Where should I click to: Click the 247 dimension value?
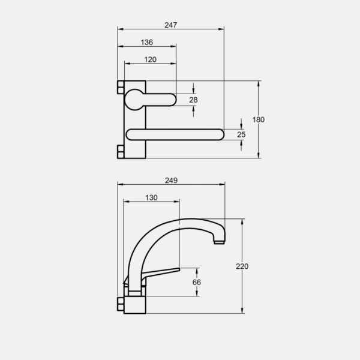(x=170, y=25)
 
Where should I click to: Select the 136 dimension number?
(x=147, y=42)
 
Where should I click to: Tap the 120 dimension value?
(x=150, y=59)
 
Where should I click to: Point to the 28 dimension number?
(x=193, y=100)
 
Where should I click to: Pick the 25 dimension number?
(x=241, y=134)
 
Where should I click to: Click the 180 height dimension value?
(x=258, y=119)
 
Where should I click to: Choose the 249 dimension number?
(x=171, y=181)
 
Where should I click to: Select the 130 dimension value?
(x=151, y=197)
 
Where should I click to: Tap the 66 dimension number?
(x=197, y=282)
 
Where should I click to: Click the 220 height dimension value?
(x=242, y=266)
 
